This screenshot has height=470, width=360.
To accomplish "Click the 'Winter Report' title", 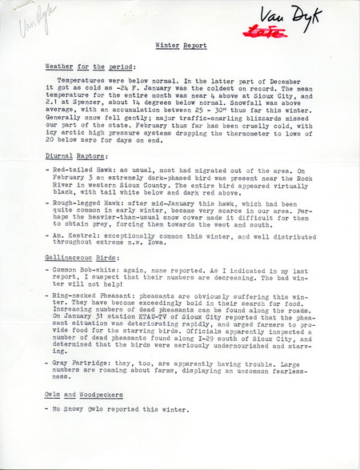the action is pyautogui.click(x=180, y=46).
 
